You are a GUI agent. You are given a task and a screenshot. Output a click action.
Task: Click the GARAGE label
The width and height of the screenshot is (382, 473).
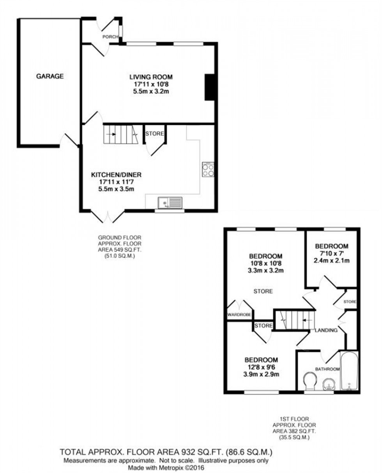50,76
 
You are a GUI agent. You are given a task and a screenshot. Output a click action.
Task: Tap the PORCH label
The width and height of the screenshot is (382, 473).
110,37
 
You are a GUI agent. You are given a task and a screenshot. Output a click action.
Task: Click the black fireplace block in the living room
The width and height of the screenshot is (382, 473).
210,87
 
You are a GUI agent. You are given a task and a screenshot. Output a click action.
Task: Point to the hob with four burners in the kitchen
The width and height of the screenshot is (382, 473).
208,169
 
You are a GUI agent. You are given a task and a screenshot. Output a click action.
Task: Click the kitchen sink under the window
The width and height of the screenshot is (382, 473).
170,203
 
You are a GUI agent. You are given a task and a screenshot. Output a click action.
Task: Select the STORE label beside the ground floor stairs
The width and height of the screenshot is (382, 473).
155,134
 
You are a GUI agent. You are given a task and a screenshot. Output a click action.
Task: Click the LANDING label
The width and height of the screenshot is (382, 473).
326,331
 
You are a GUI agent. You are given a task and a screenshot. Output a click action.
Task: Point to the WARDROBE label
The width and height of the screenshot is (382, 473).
239,314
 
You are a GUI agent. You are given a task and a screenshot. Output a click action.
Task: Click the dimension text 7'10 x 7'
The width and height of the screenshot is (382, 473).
331,253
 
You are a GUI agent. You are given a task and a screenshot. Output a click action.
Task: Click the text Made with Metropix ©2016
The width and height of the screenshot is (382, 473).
166,468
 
